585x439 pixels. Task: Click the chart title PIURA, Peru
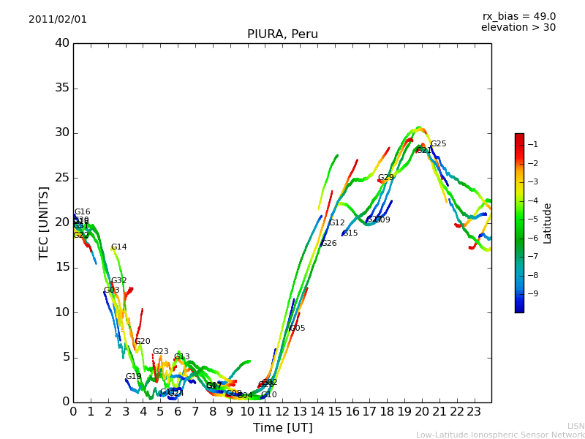tap(282, 34)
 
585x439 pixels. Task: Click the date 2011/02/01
tap(58, 20)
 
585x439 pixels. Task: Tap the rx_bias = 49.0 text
tap(518, 17)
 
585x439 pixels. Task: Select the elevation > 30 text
tap(518, 28)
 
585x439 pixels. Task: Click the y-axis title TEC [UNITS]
tap(44, 222)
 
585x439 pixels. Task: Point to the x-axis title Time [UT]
tap(282, 428)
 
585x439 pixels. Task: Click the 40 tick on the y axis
tap(61, 43)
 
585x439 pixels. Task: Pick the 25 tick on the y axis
tap(61, 178)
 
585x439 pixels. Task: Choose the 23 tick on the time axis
tap(474, 412)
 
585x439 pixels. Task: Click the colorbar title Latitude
tap(548, 223)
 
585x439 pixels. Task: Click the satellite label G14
tap(118, 247)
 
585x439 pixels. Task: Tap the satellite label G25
tap(438, 144)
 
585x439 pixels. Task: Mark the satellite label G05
tap(297, 329)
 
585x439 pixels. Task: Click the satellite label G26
tap(328, 244)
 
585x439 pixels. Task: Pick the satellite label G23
tap(160, 352)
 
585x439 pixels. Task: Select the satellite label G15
tap(350, 233)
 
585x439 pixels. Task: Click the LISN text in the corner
tap(575, 426)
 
